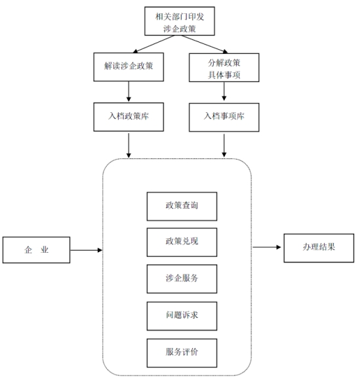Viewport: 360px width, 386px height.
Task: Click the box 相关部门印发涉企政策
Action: (180, 21)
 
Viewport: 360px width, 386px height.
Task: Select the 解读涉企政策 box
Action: (129, 67)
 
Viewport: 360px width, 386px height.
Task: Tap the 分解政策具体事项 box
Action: (224, 67)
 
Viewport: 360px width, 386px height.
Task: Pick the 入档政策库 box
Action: (129, 117)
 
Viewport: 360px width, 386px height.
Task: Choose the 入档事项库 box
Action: (224, 117)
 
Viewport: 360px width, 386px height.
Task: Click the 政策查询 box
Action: (182, 206)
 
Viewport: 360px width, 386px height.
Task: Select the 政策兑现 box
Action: (182, 242)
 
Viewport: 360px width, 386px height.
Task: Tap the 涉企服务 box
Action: (182, 278)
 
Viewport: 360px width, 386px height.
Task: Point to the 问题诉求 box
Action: (182, 316)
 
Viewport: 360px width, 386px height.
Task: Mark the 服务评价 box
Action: (182, 353)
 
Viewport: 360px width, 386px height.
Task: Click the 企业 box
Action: (36, 249)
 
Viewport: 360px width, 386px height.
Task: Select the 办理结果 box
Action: (319, 248)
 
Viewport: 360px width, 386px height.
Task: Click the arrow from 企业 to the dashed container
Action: (86, 250)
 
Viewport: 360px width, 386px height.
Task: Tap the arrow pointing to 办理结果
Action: (267, 247)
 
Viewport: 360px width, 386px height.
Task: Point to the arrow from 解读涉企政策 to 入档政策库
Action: (129, 91)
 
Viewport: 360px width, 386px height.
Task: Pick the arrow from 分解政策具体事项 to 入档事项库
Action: (224, 91)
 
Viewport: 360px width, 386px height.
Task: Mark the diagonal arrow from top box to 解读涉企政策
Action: (153, 44)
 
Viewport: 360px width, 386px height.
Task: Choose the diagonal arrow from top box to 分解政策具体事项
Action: (205, 44)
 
